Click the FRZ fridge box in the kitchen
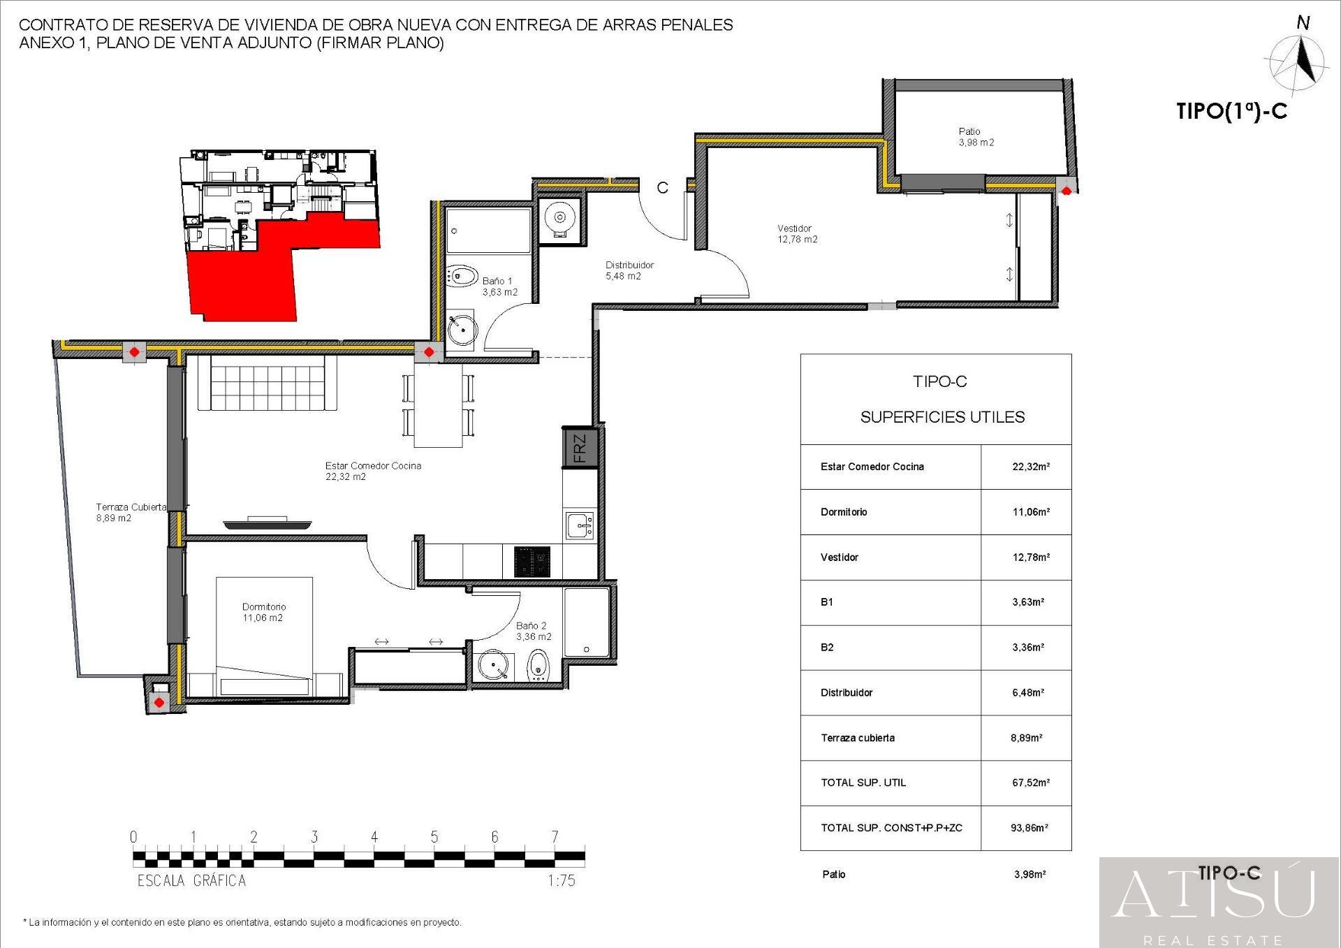point(580,448)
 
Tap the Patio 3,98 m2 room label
point(976,137)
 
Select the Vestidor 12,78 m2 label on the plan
point(797,233)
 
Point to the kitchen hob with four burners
point(532,562)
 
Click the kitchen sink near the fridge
point(580,525)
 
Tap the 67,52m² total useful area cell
point(1030,783)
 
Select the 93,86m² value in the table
point(1029,828)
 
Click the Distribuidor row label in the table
point(847,693)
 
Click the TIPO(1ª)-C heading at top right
point(1231,112)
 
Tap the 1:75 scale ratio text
point(562,880)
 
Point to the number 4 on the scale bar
point(374,837)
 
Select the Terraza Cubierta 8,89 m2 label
point(131,512)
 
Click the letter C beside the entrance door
point(662,187)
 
